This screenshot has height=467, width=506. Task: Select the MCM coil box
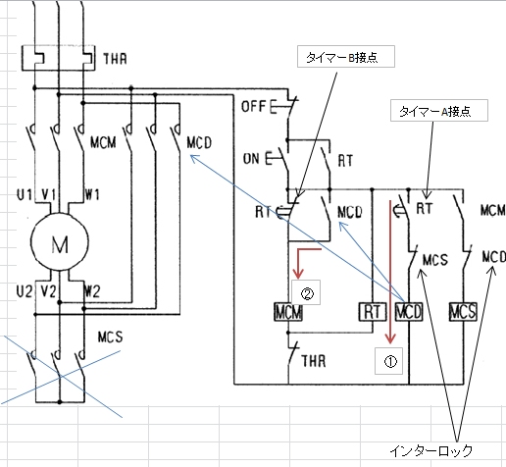pos(288,312)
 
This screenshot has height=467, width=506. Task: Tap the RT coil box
pos(373,312)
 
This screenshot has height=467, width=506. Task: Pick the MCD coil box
pos(409,312)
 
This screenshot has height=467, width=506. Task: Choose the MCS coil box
pos(463,312)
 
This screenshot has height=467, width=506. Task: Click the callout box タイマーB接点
pos(346,57)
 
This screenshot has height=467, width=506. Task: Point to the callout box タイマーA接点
pos(439,111)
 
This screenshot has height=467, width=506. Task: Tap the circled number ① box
pos(388,361)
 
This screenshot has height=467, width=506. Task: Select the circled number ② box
pos(306,292)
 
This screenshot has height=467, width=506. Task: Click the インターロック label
pos(431,451)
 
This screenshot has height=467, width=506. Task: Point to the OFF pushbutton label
pos(253,107)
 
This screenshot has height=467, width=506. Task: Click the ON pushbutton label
pos(251,159)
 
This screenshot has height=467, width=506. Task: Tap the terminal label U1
pos(25,195)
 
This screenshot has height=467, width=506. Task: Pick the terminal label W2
pos(92,291)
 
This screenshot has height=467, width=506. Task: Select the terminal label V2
pos(49,291)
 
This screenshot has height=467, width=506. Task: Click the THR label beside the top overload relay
pos(115,59)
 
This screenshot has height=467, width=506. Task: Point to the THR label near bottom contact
pos(314,361)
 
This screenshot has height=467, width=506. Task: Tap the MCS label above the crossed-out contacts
pos(111,337)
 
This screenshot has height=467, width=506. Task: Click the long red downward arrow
pos(390,272)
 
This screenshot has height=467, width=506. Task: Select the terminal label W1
pos(92,195)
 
